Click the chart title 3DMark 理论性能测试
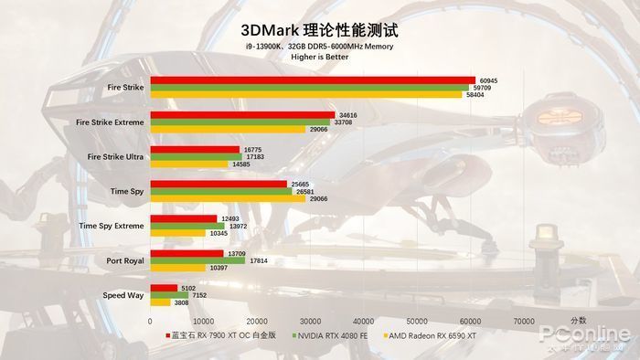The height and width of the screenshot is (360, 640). click(x=320, y=30)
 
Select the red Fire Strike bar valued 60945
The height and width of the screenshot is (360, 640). click(x=313, y=80)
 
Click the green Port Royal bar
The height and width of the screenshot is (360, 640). click(x=197, y=260)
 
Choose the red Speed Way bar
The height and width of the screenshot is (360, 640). click(x=164, y=288)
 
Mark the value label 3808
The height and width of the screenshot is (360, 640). click(x=181, y=302)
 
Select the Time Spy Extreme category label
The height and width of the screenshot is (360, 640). click(x=111, y=226)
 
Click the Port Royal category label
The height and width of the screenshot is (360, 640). click(x=124, y=260)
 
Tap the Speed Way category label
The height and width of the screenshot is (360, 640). click(x=123, y=295)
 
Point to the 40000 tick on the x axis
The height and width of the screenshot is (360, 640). click(x=364, y=322)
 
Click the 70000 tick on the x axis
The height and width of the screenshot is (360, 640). click(x=524, y=322)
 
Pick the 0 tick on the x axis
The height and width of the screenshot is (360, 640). click(x=150, y=322)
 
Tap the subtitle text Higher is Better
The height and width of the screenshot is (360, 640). click(x=320, y=57)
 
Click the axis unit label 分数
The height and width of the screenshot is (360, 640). click(x=578, y=321)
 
